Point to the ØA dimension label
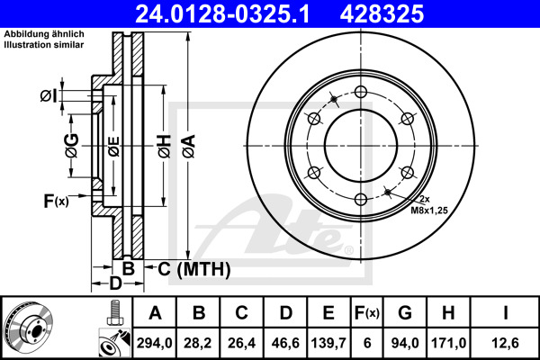[186, 145]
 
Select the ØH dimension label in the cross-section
[163, 145]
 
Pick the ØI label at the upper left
[49, 96]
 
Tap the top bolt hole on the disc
[359, 91]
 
